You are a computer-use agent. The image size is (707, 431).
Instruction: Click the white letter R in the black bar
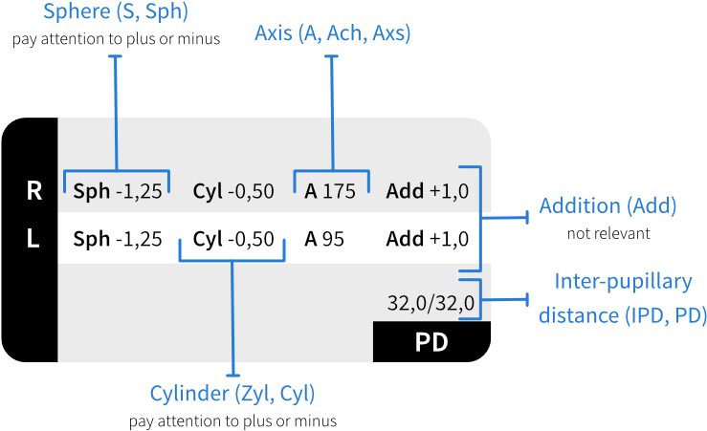[34, 191]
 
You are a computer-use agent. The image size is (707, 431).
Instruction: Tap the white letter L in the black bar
[33, 238]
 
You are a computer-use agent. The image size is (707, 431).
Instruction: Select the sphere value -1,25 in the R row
[139, 191]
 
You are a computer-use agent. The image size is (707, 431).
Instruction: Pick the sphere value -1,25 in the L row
[139, 239]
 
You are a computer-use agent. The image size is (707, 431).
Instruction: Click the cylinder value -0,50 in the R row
[251, 191]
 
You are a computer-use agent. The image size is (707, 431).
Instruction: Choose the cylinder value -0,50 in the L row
[251, 239]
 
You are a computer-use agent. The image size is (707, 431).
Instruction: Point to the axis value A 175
[330, 191]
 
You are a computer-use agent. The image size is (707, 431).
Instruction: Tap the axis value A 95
[324, 239]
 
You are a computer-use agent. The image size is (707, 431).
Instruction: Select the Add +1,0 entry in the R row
[428, 191]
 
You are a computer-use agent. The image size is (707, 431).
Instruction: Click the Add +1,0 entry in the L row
[428, 239]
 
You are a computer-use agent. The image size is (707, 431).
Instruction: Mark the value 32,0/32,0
[431, 303]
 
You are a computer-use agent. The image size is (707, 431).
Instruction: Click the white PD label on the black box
[431, 342]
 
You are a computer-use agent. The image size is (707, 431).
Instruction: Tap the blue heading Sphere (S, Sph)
[116, 11]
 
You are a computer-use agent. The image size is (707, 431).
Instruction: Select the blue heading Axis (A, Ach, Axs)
[333, 33]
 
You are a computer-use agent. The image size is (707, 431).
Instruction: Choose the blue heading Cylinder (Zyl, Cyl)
[232, 394]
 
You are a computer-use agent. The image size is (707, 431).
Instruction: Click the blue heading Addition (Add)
[608, 205]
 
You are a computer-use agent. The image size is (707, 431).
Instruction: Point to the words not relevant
[608, 233]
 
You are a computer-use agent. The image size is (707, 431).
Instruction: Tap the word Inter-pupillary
[623, 282]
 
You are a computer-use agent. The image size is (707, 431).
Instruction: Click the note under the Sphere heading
[117, 39]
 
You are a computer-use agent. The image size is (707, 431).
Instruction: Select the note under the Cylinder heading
[232, 421]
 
